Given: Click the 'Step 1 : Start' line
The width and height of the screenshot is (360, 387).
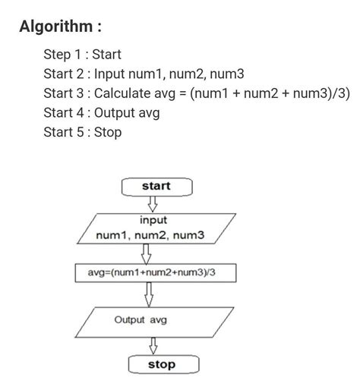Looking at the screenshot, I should click(x=83, y=55).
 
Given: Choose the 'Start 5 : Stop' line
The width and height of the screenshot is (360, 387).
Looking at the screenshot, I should click(x=83, y=133).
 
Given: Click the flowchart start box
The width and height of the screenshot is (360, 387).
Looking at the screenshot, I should click(x=156, y=186).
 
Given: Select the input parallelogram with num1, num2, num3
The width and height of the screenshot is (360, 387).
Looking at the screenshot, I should click(x=151, y=228).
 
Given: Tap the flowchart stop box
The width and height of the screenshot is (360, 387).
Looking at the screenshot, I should click(x=161, y=365).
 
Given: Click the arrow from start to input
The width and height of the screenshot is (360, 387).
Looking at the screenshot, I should click(x=152, y=203).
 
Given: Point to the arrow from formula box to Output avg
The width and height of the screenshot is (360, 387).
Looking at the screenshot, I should click(x=150, y=294).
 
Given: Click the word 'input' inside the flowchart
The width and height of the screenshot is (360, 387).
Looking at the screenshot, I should click(x=153, y=220).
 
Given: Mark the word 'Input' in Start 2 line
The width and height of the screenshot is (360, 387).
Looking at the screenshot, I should click(x=111, y=74).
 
